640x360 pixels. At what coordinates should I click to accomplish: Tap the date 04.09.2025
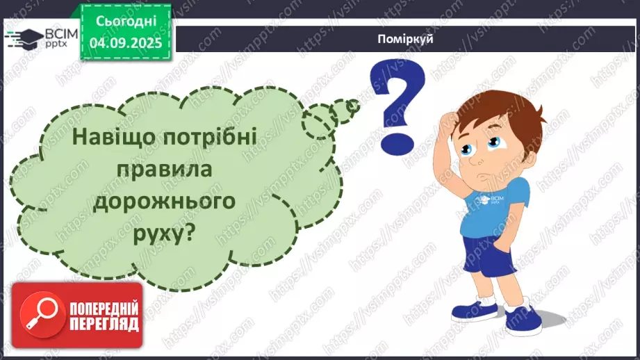click(x=124, y=41)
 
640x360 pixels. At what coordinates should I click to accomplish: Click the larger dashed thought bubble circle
click(x=320, y=120)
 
